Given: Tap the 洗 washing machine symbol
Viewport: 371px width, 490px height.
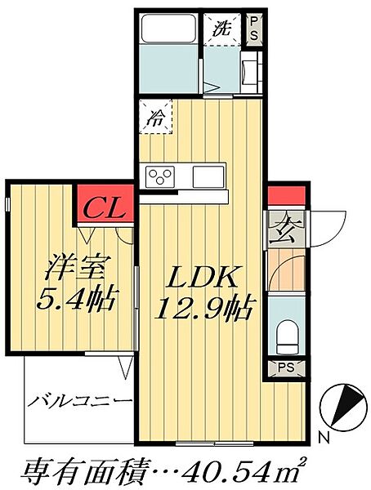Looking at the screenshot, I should click(x=223, y=28).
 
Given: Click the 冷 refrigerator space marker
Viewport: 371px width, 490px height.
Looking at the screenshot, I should click(x=156, y=118).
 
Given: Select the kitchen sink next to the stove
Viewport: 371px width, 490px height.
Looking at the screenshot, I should click(x=208, y=176).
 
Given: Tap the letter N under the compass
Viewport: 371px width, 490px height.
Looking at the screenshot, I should click(x=324, y=438).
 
